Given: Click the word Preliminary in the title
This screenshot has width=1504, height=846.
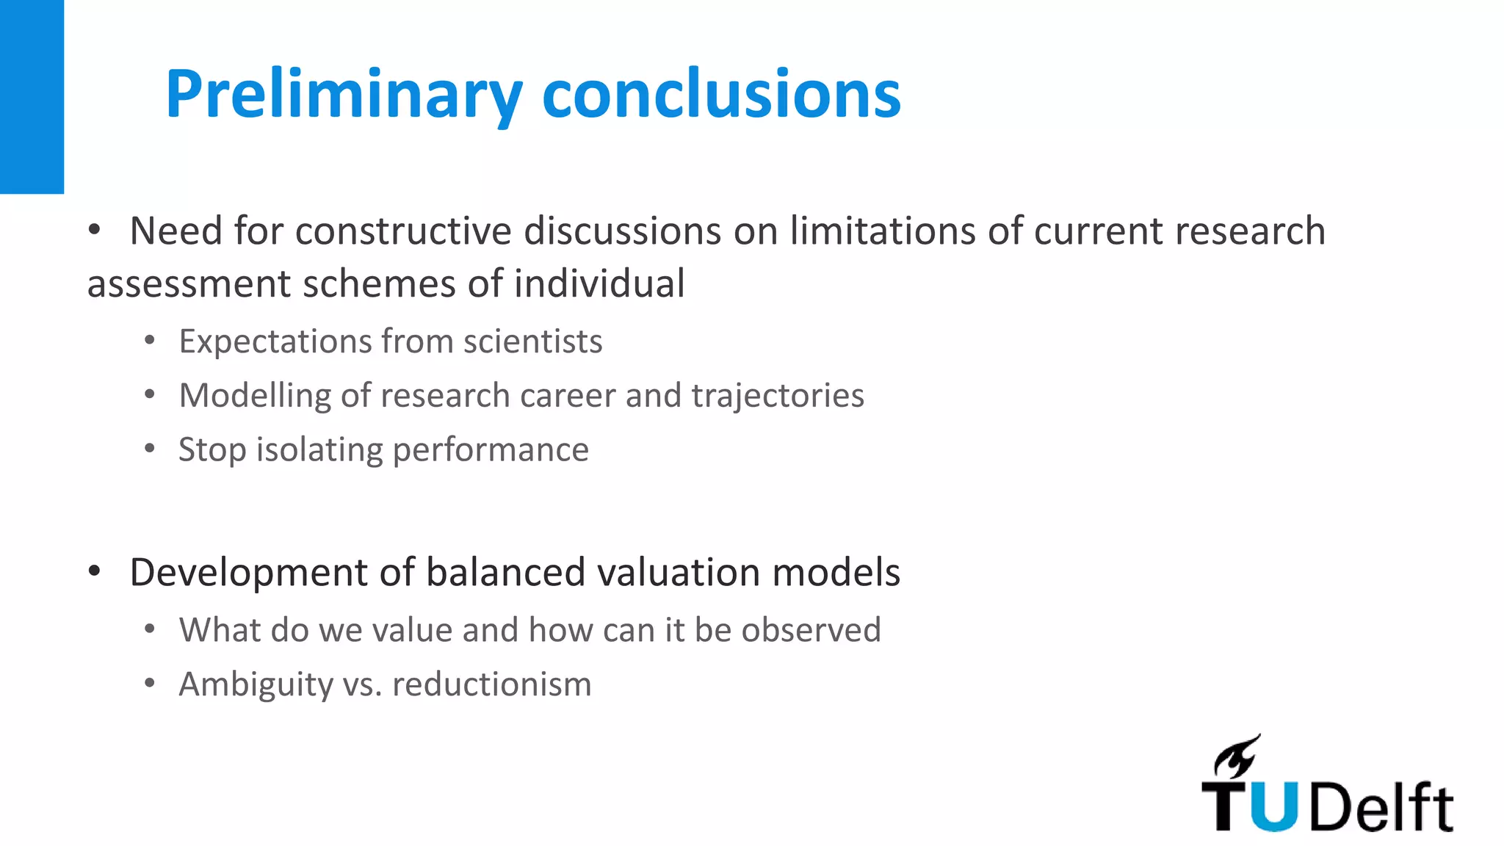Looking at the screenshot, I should pyautogui.click(x=344, y=95).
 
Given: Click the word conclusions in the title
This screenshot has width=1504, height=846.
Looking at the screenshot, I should pyautogui.click(x=721, y=95).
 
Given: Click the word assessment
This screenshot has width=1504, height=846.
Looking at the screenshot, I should pyautogui.click(x=189, y=285).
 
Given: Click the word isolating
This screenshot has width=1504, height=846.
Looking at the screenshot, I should pyautogui.click(x=319, y=450).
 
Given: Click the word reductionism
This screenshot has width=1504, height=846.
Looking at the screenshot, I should pyautogui.click(x=491, y=684).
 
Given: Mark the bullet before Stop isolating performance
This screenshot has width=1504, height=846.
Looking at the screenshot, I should pyautogui.click(x=150, y=449).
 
